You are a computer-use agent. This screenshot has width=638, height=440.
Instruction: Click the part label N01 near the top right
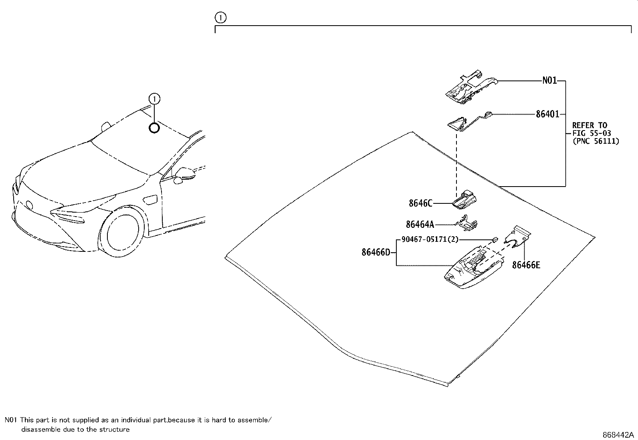549,81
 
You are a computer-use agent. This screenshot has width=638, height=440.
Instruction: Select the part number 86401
547,115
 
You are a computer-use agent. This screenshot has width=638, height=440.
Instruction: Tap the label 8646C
420,203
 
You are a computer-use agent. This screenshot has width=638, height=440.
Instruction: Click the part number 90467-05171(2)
430,240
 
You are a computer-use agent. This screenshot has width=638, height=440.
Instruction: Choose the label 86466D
376,253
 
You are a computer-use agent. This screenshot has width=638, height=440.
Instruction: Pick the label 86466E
526,265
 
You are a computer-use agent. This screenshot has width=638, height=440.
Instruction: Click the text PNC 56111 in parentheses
596,141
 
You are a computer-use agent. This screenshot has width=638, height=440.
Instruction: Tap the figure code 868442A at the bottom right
618,435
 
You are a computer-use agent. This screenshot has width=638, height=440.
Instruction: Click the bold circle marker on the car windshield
154,128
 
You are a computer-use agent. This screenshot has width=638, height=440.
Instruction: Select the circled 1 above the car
154,98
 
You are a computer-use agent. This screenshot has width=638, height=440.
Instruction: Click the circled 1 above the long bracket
220,18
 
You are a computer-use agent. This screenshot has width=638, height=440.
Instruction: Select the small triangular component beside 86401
457,124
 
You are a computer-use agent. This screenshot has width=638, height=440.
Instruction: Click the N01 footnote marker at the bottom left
11,420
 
